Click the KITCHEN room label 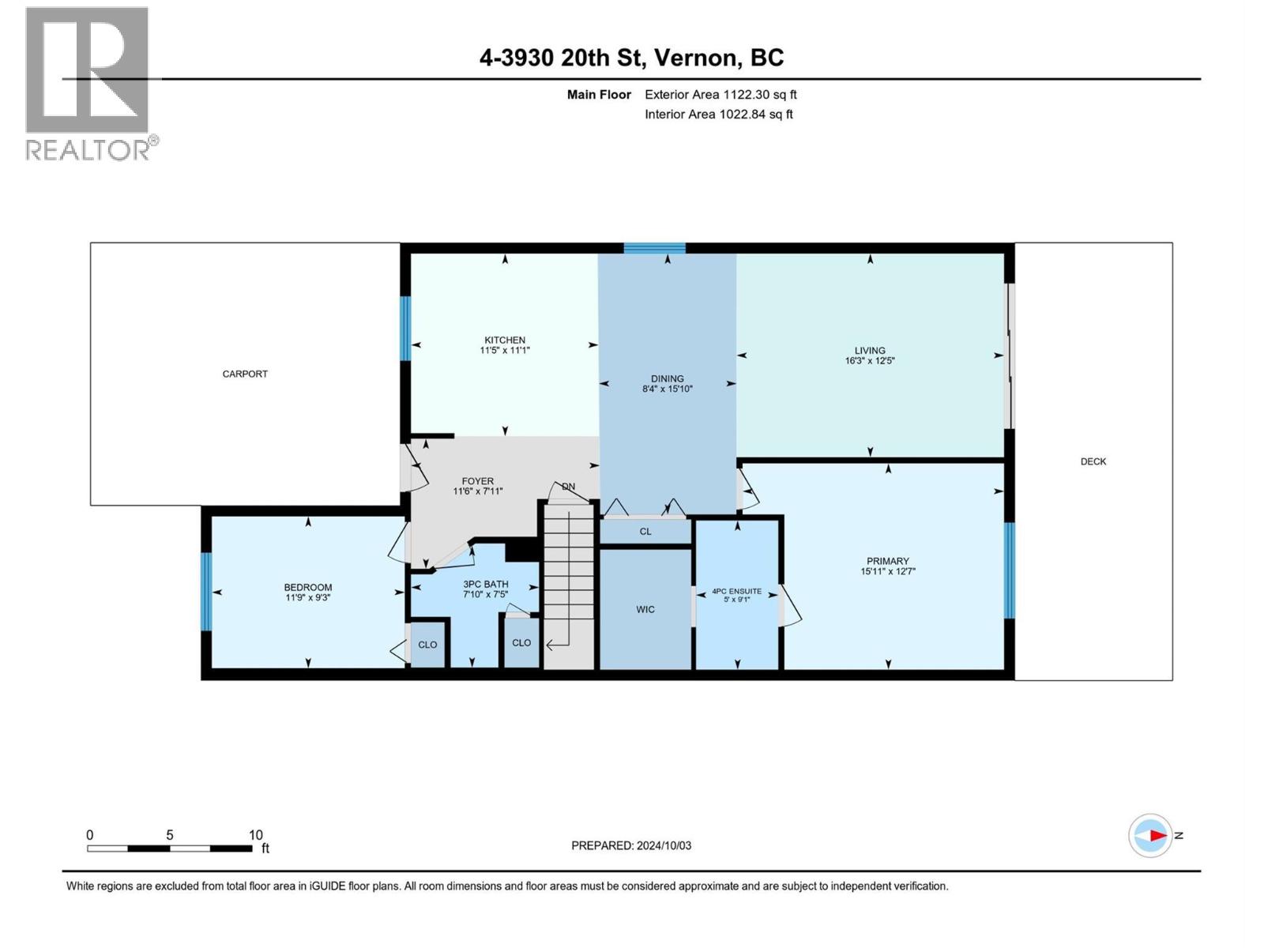tap(505, 340)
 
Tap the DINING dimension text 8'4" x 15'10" tap(668, 389)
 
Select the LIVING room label tap(870, 351)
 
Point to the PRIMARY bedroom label tap(887, 561)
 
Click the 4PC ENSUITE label tap(736, 591)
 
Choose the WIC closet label tap(645, 609)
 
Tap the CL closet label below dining tap(645, 532)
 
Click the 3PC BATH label tap(486, 585)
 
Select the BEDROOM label tap(308, 587)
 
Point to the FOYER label tap(478, 481)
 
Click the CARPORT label tap(245, 374)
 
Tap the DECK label tap(1093, 461)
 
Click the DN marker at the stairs tap(569, 487)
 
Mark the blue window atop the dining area tap(654, 248)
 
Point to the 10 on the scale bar tap(255, 835)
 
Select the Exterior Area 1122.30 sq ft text tap(720, 95)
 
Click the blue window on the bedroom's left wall tap(206, 592)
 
